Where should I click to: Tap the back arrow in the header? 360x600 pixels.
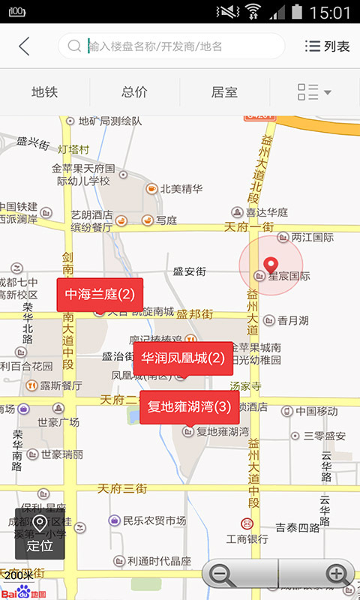24,46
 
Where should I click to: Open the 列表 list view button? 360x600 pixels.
328,46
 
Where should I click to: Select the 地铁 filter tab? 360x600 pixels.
45,92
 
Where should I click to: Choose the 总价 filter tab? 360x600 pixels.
134,92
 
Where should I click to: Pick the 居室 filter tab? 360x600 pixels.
224,92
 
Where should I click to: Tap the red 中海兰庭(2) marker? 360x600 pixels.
100,294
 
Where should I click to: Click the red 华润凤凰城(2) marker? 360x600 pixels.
183,358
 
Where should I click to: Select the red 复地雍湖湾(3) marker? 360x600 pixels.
189,407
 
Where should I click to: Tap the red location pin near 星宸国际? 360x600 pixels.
271,264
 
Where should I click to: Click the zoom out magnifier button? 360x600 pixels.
222,575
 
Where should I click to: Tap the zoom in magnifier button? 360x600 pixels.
336,575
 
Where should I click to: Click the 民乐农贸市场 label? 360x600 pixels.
154,520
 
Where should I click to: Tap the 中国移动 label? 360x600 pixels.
316,411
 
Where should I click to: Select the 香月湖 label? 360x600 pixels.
292,320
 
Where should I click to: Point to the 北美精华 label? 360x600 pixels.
181,189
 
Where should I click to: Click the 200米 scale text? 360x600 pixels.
19,574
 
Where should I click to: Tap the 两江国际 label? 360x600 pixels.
312,237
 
